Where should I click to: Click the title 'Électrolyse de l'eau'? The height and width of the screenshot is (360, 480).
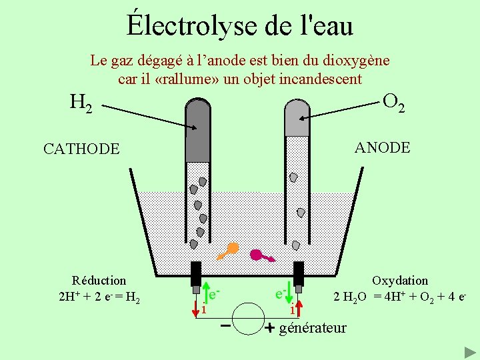click(240, 25)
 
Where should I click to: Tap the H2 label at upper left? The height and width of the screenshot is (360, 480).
click(81, 103)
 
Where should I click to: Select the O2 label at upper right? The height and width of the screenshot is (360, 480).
click(394, 102)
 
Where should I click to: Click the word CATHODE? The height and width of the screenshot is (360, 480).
click(81, 149)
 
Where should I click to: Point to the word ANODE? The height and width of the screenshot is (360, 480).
click(382, 147)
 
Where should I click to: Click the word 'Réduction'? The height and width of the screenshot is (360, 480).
click(99, 281)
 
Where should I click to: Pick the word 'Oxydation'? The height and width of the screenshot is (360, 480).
click(400, 281)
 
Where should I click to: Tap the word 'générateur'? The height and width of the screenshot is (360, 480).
click(313, 327)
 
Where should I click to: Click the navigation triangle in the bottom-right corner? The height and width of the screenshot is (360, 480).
click(469, 351)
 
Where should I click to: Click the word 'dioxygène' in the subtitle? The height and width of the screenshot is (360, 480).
click(357, 61)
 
